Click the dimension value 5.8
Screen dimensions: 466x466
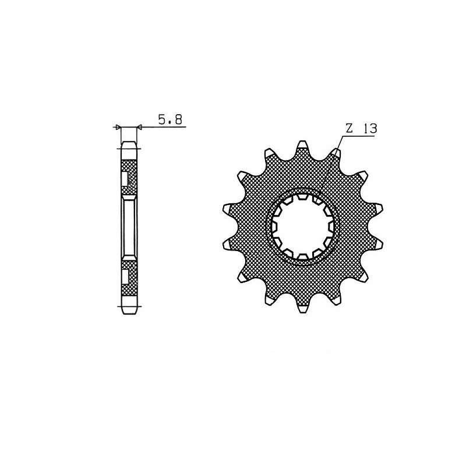(x=170, y=120)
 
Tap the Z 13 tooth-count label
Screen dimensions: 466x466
(x=359, y=129)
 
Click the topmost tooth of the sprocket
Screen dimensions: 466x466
(x=302, y=147)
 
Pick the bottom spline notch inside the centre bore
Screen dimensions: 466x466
(x=302, y=255)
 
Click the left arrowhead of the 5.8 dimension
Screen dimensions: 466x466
(x=118, y=127)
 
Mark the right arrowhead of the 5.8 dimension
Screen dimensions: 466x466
(x=139, y=127)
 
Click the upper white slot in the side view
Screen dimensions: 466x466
(x=126, y=179)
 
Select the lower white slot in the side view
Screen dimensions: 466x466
(x=126, y=274)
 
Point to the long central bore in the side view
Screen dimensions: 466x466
(x=129, y=227)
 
